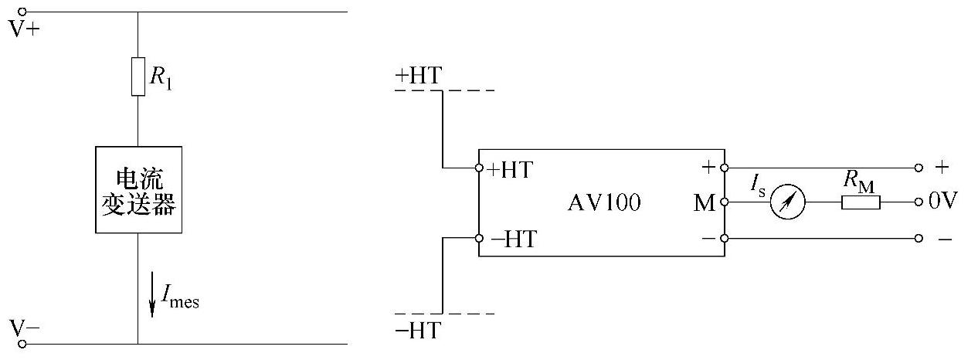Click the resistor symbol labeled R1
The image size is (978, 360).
[x=138, y=76]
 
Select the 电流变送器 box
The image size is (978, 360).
[x=139, y=189]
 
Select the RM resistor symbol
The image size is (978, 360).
[x=861, y=202]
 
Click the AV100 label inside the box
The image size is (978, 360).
[x=604, y=202]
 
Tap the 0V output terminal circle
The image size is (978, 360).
[x=918, y=202]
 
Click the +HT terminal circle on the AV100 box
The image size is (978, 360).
[x=479, y=168]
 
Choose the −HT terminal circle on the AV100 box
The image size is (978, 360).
[x=479, y=238]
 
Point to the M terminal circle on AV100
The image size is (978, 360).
[x=724, y=202]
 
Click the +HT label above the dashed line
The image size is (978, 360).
[x=418, y=76]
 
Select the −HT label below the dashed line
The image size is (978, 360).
[x=418, y=331]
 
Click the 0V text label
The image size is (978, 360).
[x=942, y=202]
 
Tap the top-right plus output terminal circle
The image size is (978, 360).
[x=918, y=168]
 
